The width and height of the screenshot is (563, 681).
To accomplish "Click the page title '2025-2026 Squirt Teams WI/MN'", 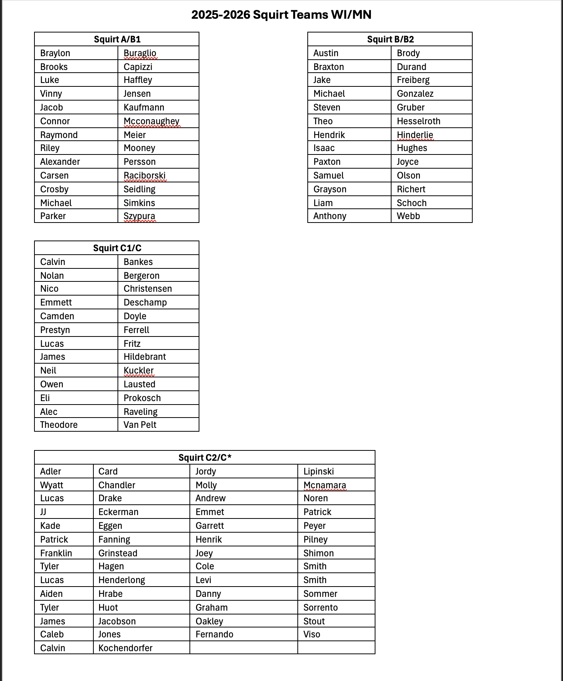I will (x=281, y=15).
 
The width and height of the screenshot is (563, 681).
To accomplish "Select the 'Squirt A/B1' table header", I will (x=117, y=39).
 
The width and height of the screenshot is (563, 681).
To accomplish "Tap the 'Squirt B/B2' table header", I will (x=390, y=39).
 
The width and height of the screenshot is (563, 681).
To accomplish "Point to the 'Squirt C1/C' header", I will (x=117, y=248).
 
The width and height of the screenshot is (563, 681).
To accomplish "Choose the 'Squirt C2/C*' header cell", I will (x=205, y=458).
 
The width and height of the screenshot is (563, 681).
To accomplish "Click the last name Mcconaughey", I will (x=152, y=121).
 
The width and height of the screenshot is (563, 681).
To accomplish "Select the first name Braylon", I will (x=55, y=53).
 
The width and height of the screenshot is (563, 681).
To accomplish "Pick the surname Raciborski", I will (x=145, y=176).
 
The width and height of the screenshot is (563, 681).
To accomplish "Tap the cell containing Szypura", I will (x=139, y=216).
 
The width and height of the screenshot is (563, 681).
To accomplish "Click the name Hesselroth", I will (x=418, y=121).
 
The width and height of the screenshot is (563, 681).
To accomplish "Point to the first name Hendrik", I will (x=329, y=135).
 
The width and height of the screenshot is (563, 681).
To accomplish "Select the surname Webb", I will (x=408, y=216).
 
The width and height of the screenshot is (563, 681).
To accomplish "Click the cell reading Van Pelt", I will (x=140, y=425).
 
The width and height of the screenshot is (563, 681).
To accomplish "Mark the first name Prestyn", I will (x=55, y=330).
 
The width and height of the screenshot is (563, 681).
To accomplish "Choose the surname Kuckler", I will (x=139, y=371).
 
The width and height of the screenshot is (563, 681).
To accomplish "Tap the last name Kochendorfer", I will (x=126, y=648).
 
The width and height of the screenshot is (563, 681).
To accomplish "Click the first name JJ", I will (x=43, y=512).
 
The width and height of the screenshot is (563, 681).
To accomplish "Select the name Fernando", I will (x=214, y=634).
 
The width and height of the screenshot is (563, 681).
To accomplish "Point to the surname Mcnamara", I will (x=325, y=485).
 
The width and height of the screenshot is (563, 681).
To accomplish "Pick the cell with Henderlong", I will (x=122, y=580).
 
